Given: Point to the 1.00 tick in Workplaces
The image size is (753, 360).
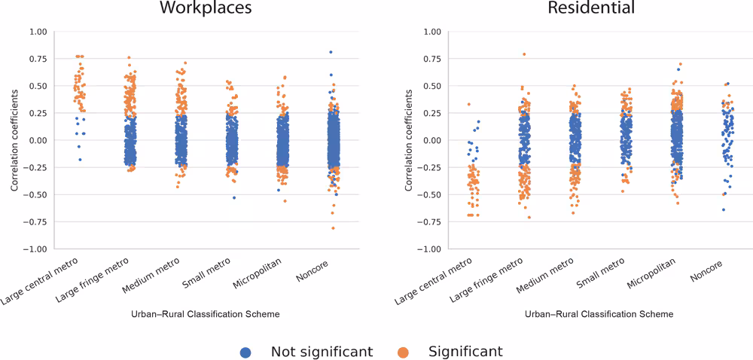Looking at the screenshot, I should point(36,32).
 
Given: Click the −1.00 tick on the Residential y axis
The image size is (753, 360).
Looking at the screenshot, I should point(430,249).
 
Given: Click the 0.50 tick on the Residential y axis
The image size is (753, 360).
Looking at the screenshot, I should point(432,86).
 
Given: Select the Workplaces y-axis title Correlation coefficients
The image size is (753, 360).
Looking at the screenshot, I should point(14,140).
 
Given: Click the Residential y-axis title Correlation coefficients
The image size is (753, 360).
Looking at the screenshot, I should point(409,140).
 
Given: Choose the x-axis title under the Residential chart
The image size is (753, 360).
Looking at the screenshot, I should point(599,314).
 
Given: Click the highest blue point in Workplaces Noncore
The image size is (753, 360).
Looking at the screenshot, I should point(330,52).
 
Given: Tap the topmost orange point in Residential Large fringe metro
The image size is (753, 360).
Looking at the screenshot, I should point(524,54).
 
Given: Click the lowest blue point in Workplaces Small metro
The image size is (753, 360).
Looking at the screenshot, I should point(234,197).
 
